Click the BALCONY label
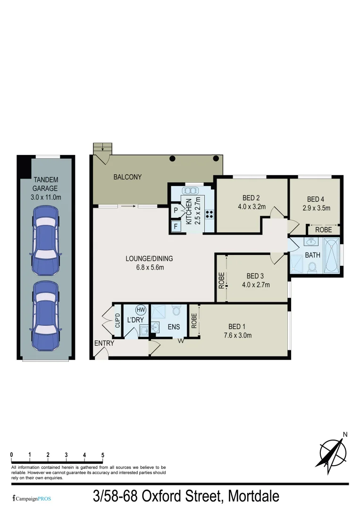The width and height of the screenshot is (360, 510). (127, 177)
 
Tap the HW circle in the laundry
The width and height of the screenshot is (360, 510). (141, 310)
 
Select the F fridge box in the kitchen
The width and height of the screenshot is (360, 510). (176, 226)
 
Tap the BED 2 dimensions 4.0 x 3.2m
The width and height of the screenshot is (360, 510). (251, 206)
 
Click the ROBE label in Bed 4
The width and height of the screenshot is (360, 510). (323, 230)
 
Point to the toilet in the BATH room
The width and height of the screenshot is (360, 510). (311, 268)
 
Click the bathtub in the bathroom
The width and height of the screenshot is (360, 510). (332, 256)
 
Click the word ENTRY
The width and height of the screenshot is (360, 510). (104, 343)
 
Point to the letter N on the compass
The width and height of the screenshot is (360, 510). (345, 434)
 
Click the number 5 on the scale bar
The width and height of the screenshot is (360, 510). (103, 455)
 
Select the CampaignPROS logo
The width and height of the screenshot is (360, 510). (32, 498)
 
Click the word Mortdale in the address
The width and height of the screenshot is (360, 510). (253, 496)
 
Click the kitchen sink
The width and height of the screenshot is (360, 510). (192, 191)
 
